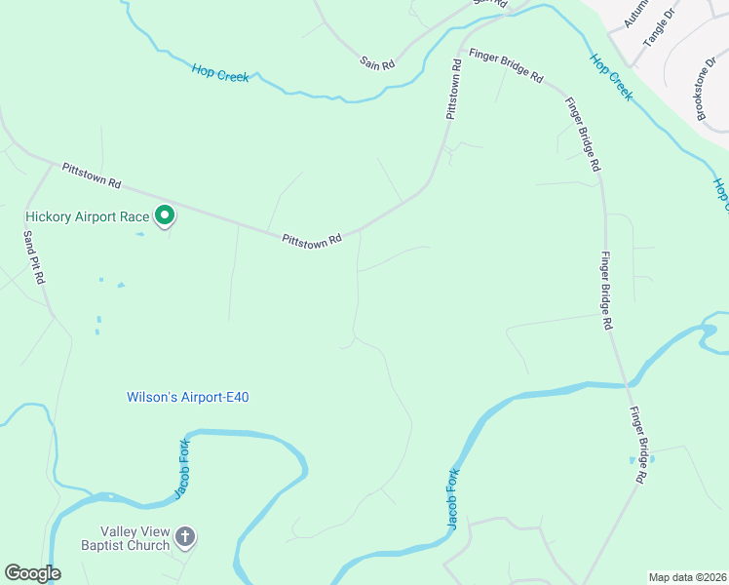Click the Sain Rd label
point(377,63)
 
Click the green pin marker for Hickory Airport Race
point(166,214)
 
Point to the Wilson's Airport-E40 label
point(182,397)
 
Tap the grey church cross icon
point(185,535)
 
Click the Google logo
point(32,573)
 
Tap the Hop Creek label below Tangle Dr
point(611,76)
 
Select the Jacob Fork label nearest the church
point(181,470)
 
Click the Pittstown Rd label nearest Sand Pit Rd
point(91,175)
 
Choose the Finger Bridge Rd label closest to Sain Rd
point(506,64)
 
